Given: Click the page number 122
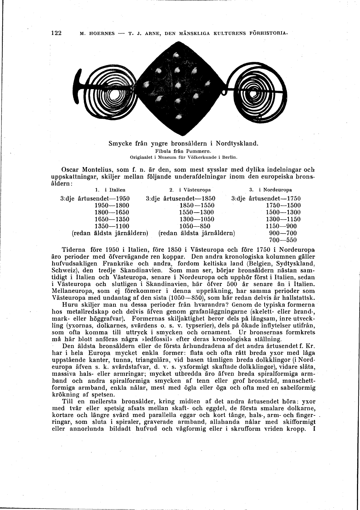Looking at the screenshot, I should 57,33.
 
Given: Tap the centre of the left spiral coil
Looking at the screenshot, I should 114,93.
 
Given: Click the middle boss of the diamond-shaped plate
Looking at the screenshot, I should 178,85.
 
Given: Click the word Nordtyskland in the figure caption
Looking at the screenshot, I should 236,144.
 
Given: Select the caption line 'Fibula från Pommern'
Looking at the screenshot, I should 183,151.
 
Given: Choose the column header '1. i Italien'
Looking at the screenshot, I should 110,190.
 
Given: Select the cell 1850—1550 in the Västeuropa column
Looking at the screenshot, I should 197,206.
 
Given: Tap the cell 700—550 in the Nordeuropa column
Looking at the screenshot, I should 283,240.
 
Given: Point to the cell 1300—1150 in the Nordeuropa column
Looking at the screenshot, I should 283,219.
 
